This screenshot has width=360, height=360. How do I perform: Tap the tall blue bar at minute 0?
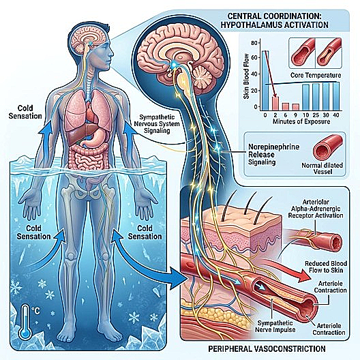(x=265, y=80)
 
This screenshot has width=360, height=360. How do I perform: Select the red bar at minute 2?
(x=275, y=103)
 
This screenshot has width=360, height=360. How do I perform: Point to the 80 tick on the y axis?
(x=254, y=43)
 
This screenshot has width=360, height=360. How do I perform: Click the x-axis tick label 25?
(x=316, y=115)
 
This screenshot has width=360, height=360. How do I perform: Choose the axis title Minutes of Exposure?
(x=301, y=121)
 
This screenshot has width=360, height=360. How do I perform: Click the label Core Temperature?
(x=316, y=75)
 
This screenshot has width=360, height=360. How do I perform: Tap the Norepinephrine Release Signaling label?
(x=273, y=155)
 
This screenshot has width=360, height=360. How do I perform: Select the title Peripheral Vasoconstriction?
(x=267, y=348)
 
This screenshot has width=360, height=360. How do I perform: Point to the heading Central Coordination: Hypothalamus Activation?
(x=274, y=20)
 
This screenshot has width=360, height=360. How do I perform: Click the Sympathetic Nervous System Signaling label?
(x=157, y=124)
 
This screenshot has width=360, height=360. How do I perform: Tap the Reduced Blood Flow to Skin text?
(x=325, y=267)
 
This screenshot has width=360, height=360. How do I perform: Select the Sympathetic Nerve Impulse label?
(x=275, y=326)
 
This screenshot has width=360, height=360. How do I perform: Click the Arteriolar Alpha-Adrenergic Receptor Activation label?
(x=316, y=209)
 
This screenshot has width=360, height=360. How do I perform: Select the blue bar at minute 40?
(x=335, y=95)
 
